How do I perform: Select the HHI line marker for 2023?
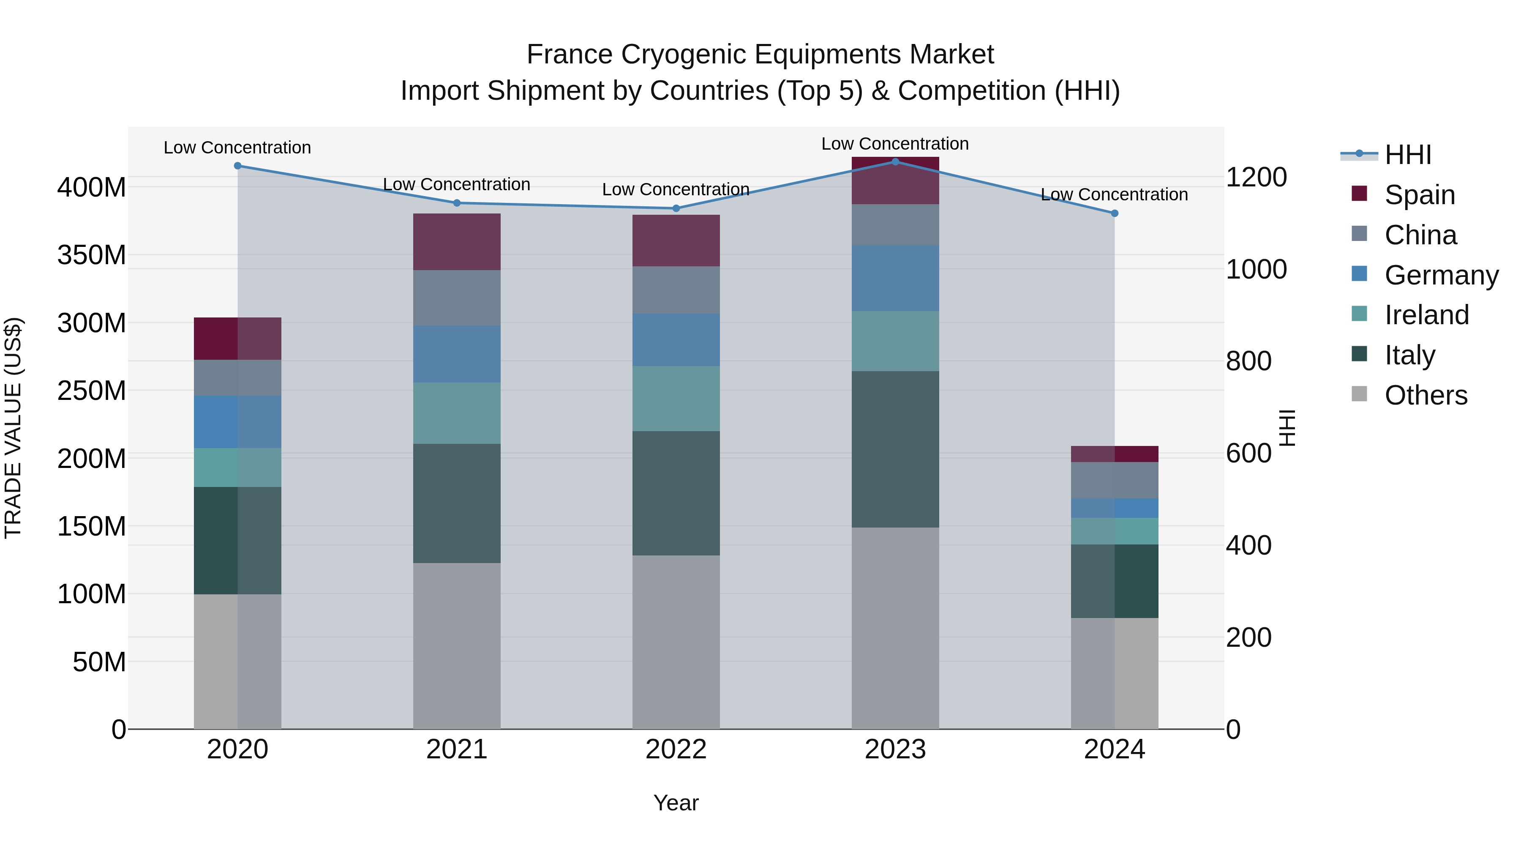tap(895, 162)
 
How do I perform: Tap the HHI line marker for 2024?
tap(1114, 213)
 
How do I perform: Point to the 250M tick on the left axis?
tap(92, 391)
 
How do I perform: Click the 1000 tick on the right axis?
tap(1256, 269)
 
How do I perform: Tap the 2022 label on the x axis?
tap(676, 749)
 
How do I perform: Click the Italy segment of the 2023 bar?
tap(895, 449)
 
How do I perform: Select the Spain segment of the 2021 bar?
tap(456, 242)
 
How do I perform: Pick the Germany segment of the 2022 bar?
tap(676, 340)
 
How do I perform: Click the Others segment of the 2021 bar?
tap(456, 645)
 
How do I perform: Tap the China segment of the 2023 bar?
tap(895, 225)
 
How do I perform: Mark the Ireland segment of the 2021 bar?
tap(456, 413)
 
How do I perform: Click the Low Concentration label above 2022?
tap(676, 190)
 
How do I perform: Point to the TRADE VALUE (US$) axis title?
tap(13, 428)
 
